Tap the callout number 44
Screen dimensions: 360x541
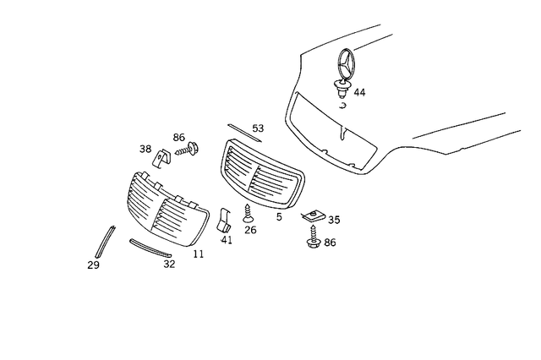pos(360,91)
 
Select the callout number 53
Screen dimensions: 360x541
pos(258,128)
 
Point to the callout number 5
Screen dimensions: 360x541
pos(279,216)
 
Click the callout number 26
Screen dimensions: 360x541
pos(250,229)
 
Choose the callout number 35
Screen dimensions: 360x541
pos(334,220)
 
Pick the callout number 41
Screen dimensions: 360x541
pos(227,240)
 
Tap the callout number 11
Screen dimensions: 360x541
pos(198,253)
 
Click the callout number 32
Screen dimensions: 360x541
pos(169,263)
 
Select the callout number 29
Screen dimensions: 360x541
pos(93,265)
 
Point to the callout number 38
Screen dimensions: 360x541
pos(145,150)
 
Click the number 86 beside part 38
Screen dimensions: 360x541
pos(178,137)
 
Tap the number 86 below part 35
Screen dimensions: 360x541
pos(329,243)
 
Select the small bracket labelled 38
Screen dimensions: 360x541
pos(161,158)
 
